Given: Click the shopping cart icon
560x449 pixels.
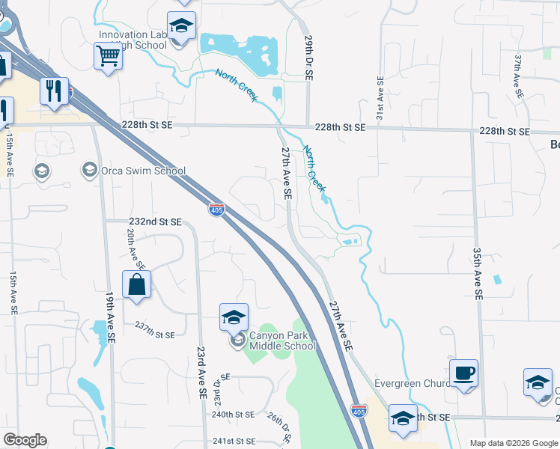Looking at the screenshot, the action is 108,55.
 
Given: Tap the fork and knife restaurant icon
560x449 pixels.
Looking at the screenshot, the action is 54,91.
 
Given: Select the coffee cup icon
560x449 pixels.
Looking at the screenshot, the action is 463,373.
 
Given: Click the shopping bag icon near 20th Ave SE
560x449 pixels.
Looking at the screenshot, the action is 136,285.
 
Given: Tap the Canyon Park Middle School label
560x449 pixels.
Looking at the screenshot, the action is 282,340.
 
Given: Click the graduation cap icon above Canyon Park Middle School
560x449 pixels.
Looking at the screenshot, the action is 234,317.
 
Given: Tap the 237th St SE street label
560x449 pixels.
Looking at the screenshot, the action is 154,335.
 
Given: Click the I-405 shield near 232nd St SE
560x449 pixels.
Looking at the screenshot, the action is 216,210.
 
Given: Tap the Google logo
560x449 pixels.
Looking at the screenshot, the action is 25,440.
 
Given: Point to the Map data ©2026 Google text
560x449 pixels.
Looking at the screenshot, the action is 513,443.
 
